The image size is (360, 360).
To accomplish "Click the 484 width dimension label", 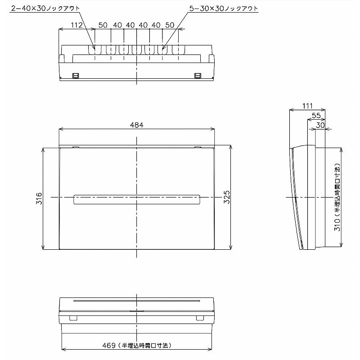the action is (137, 125).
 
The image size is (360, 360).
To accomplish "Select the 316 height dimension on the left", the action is (39, 198).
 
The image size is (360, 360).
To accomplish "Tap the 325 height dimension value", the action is (227, 197).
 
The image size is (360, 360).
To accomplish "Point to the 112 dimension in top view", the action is (76, 25).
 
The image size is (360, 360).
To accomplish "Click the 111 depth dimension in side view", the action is (307, 106).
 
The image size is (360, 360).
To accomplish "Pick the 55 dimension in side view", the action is (316, 115).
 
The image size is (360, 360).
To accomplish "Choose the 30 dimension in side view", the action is (320, 125).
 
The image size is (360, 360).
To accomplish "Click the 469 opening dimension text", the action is (137, 345).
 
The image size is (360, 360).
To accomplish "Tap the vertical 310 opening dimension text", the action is (337, 197).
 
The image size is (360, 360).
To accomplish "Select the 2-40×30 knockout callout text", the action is (45, 9).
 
